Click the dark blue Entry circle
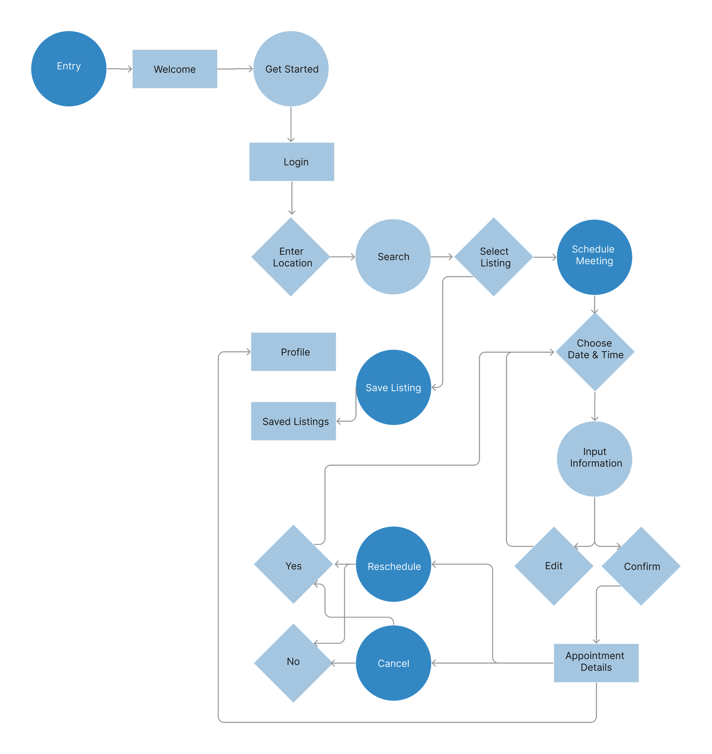(x=69, y=69)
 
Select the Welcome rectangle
(x=175, y=69)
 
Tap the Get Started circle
(x=291, y=69)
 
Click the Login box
(x=291, y=162)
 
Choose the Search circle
(x=393, y=257)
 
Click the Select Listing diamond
(x=494, y=257)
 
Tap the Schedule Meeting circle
(x=594, y=257)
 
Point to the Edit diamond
(x=554, y=566)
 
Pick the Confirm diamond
(x=641, y=566)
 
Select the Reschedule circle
(x=394, y=564)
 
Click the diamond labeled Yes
(x=293, y=564)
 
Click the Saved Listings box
(x=293, y=421)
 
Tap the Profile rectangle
(x=293, y=352)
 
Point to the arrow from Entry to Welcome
(x=119, y=69)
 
